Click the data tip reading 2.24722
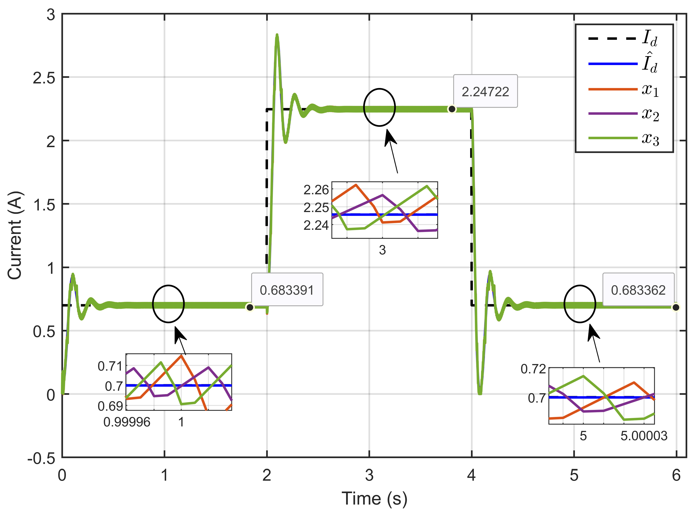point(485,91)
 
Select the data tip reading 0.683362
point(638,290)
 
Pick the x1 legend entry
point(623,90)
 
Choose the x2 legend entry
point(623,114)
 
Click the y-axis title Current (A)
point(15,235)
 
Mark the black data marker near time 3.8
point(452,109)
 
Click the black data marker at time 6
point(676,307)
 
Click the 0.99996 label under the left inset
point(127,422)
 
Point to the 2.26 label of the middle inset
point(316,190)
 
